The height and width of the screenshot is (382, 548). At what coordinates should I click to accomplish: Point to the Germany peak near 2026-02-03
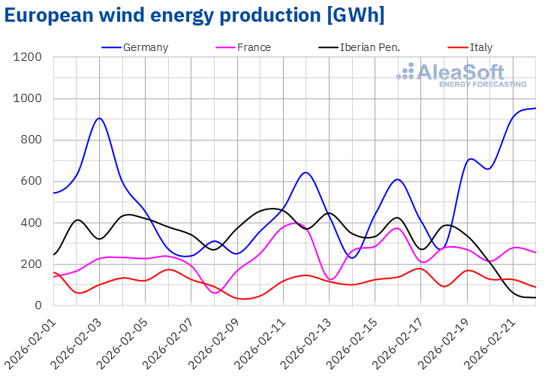click(x=99, y=118)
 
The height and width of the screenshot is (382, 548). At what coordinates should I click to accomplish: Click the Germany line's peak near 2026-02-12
click(x=305, y=173)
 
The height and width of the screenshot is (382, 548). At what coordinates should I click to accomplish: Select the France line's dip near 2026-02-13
click(x=331, y=279)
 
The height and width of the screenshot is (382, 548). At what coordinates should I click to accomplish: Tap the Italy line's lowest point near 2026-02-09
click(x=245, y=299)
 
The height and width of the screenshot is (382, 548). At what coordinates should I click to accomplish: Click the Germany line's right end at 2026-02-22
click(x=535, y=108)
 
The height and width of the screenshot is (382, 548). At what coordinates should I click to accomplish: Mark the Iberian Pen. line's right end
click(x=535, y=298)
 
